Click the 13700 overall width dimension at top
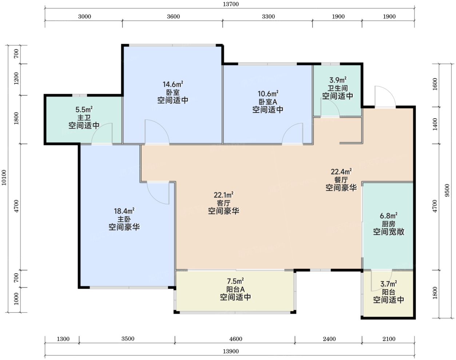point(231,4)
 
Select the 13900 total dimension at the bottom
point(231,351)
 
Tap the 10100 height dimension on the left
point(4,178)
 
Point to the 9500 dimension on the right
point(447,190)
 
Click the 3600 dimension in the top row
point(173,16)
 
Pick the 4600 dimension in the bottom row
point(235,339)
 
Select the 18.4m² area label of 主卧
point(124,211)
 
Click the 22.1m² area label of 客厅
point(223,195)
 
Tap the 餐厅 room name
point(341,180)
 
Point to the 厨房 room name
point(389,224)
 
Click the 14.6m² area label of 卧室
point(173,84)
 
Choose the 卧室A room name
point(268,102)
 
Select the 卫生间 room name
point(338,88)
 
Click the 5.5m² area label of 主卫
point(84,110)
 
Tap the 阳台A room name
point(235,289)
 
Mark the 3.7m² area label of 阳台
point(389,284)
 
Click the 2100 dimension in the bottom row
point(389,339)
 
